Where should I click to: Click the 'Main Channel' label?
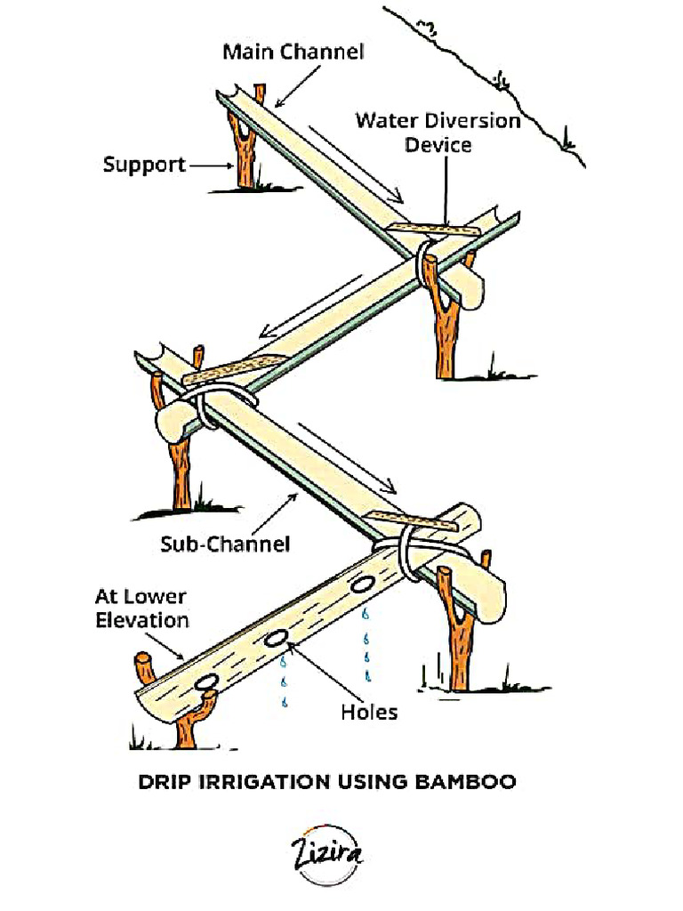[x=293, y=52]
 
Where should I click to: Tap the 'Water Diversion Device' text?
[x=438, y=132]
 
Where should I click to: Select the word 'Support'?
[x=144, y=165]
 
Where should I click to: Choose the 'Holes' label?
[x=369, y=712]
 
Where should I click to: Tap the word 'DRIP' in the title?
[x=165, y=783]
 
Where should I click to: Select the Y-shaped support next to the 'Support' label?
[x=245, y=147]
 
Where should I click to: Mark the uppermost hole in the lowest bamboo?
[x=362, y=585]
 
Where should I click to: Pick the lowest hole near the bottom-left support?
[x=207, y=681]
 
